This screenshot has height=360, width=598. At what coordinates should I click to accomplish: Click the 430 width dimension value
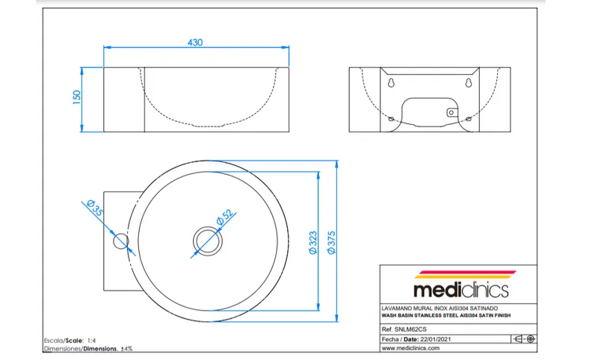click(195, 43)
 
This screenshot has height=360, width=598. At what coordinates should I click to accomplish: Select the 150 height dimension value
click(77, 97)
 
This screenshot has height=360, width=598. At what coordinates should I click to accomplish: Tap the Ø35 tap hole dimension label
click(95, 208)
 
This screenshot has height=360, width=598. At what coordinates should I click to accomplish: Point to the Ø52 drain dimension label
click(225, 217)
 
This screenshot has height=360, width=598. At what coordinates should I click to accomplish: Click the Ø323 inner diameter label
click(312, 243)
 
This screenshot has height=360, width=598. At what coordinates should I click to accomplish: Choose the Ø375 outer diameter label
click(331, 242)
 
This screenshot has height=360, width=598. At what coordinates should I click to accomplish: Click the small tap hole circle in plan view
click(121, 241)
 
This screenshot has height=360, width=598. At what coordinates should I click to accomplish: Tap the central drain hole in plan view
click(208, 240)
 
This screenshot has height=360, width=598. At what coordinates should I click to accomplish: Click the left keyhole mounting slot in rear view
click(391, 82)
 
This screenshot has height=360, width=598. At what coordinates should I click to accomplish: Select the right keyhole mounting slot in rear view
click(469, 82)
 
